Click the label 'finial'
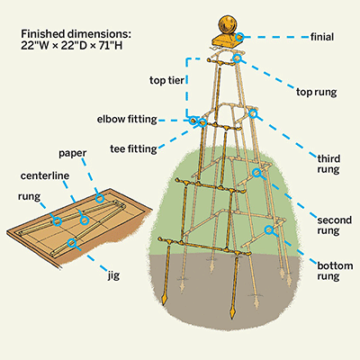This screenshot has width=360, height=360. [322, 37]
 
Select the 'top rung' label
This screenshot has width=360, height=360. [317, 92]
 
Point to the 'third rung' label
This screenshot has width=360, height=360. [328, 164]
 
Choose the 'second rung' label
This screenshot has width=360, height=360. [334, 225]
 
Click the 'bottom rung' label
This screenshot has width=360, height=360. [335, 271]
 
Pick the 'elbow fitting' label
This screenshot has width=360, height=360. [127, 119]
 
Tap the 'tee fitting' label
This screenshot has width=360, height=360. [133, 148]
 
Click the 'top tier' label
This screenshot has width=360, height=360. [166, 80]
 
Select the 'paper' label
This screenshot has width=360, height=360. [72, 153]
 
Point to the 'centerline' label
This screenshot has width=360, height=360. [45, 175]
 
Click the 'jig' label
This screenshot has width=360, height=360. [113, 275]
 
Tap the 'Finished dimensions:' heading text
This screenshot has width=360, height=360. [76, 34]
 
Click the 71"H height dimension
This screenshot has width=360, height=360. [111, 45]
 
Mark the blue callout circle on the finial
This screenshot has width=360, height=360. [239, 37]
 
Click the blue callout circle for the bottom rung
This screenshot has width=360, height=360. [268, 230]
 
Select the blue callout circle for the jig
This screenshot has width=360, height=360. [71, 243]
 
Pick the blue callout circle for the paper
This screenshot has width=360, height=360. [100, 198]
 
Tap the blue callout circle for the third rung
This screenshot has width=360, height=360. [253, 113]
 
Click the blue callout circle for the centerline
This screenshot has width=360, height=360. [85, 220]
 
